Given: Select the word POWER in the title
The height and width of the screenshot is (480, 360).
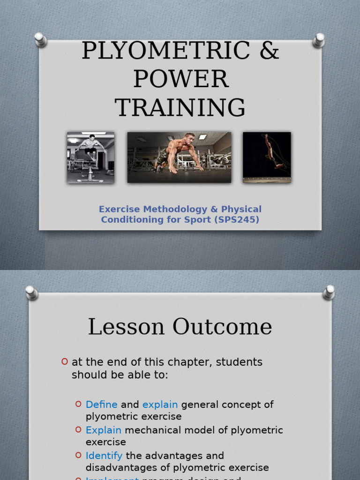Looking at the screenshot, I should click(180, 79).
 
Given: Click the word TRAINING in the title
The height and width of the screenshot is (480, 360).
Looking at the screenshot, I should click(180, 108).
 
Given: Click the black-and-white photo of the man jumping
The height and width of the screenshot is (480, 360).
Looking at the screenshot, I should click(90, 157).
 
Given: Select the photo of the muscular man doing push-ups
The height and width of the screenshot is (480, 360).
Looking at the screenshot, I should click(179, 157).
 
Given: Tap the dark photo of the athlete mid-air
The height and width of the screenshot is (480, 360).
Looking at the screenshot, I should click(267, 157).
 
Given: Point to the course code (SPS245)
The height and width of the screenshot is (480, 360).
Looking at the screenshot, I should click(237, 219).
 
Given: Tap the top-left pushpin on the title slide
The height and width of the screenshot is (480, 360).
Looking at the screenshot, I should click(41, 39).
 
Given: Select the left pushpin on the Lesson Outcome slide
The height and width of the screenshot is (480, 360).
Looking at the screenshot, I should click(31, 292).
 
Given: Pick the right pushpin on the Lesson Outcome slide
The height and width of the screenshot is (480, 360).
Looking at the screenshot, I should click(329, 292).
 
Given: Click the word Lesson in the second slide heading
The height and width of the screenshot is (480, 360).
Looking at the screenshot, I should click(126, 327).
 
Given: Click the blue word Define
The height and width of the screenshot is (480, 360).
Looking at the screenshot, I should click(102, 405).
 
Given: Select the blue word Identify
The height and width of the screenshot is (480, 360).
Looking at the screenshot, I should click(104, 456).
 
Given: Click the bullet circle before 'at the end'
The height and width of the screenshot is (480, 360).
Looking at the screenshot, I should click(65, 361).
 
